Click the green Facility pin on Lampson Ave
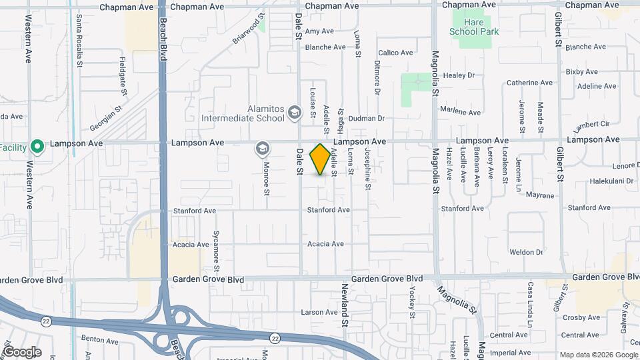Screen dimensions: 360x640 38,146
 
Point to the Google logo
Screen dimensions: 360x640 21,352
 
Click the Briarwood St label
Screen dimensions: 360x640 249,29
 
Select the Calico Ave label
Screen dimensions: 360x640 395,53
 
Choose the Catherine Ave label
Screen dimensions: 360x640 529,83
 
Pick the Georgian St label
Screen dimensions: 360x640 107,119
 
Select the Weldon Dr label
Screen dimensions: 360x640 527,252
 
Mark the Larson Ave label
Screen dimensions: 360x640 319,312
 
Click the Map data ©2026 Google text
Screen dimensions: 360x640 597,355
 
